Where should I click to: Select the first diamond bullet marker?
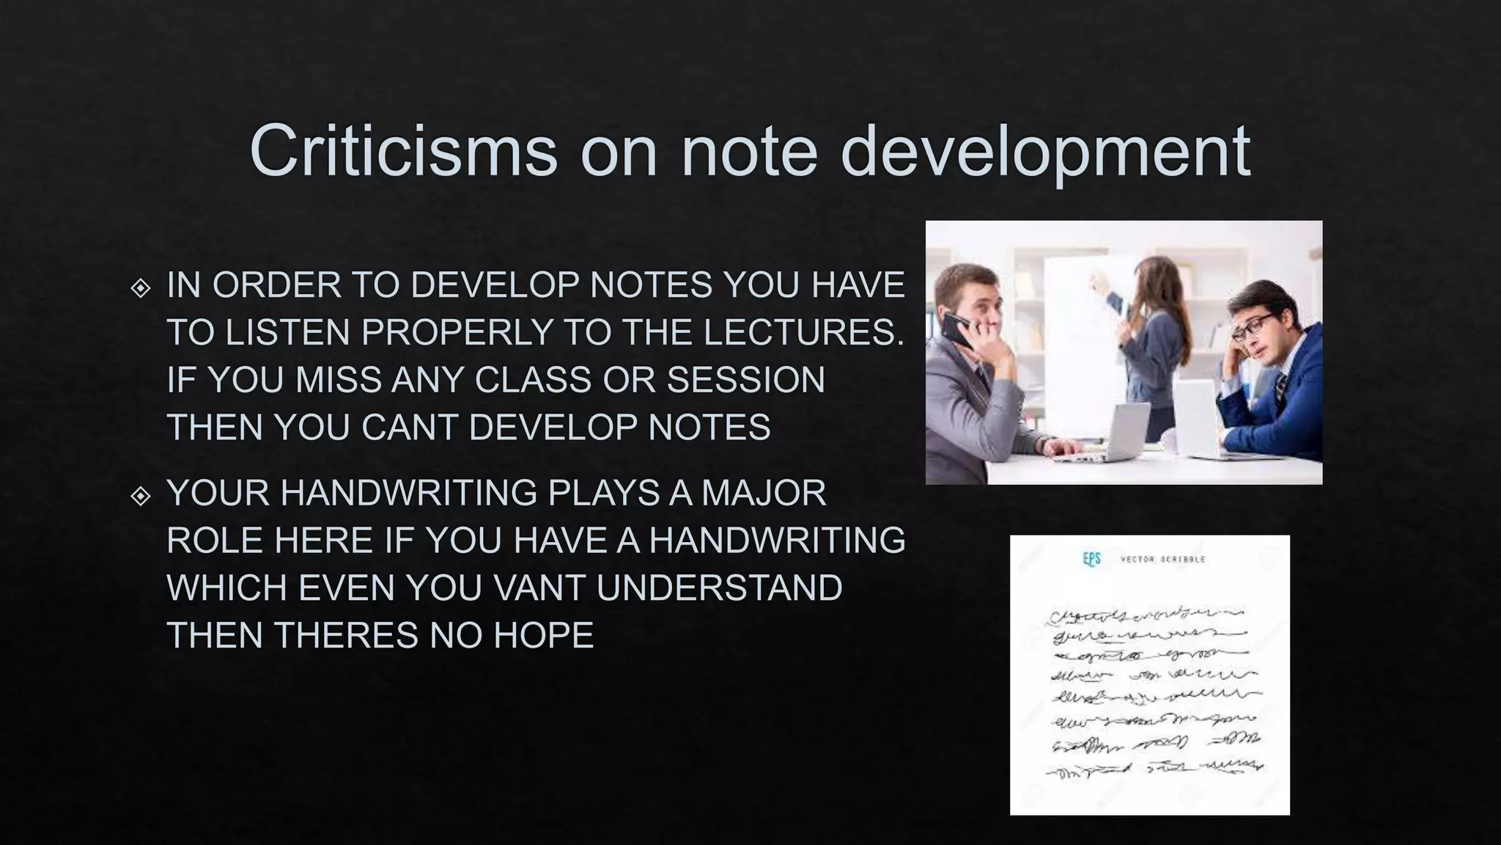[140, 288]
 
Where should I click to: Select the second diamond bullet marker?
[140, 497]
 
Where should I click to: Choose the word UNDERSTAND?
[719, 588]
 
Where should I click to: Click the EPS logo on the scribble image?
[1091, 560]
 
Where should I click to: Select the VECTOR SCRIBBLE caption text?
[1162, 560]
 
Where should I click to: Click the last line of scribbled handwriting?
[1154, 769]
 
